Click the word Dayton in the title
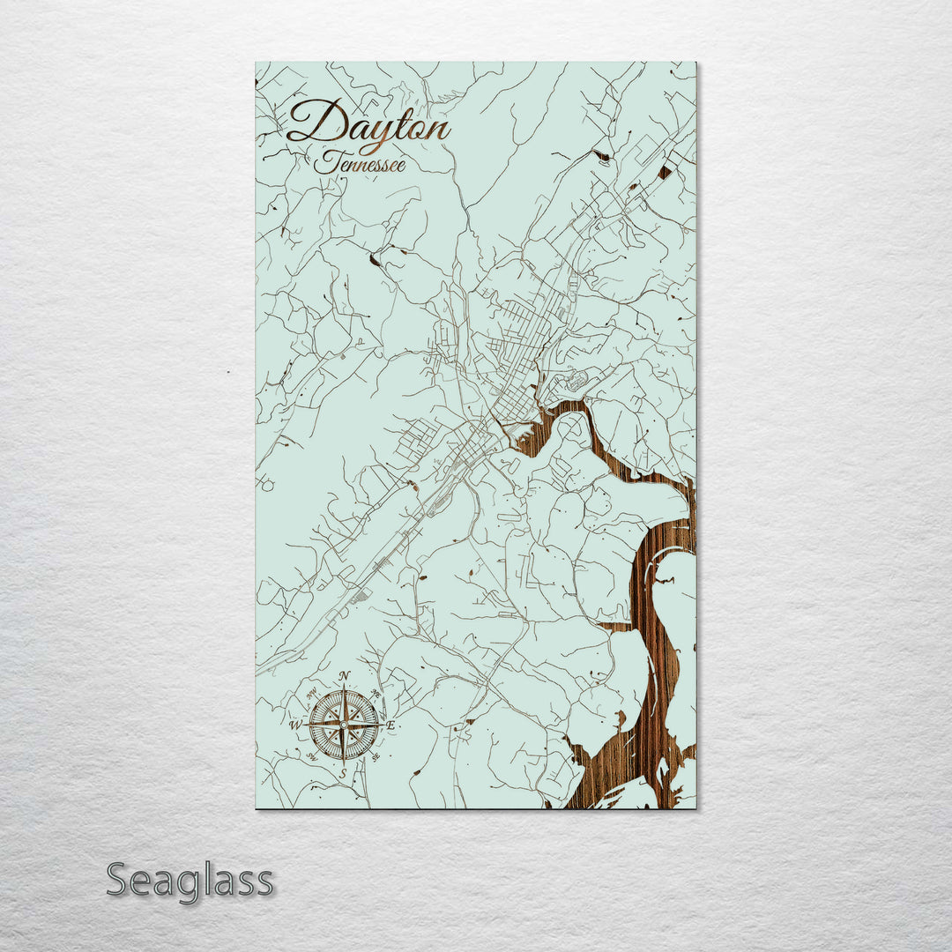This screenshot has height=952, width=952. [x=368, y=123]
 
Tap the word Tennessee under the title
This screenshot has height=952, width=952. [x=360, y=163]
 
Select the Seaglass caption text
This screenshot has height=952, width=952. [x=190, y=881]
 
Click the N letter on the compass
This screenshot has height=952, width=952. [x=345, y=676]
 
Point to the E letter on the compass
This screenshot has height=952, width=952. [x=390, y=725]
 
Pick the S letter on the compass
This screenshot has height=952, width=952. [x=344, y=773]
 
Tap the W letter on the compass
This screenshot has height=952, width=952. [x=295, y=725]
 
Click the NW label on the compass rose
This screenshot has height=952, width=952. [x=312, y=693]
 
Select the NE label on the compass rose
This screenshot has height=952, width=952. [x=376, y=693]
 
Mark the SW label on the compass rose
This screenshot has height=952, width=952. [x=312, y=756]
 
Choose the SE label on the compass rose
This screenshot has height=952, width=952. [x=376, y=756]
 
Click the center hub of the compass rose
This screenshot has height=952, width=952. [x=344, y=725]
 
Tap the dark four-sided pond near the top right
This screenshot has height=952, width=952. [x=664, y=172]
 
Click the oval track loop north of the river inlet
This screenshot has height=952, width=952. [x=577, y=381]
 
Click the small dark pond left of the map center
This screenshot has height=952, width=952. [x=376, y=260]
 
